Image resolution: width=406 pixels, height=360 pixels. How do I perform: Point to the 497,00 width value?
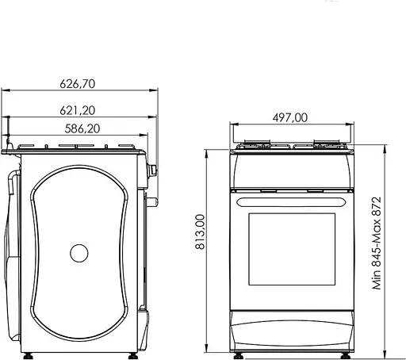pos(291,117)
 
